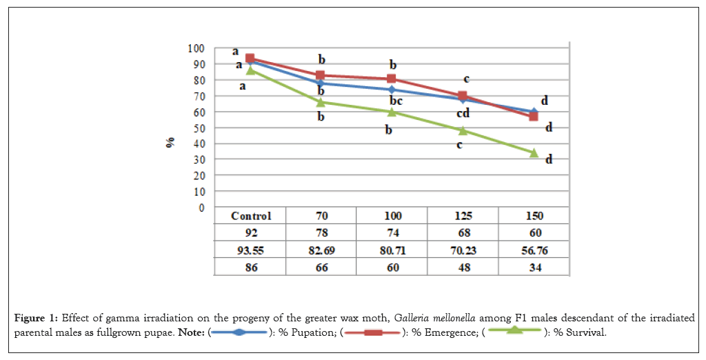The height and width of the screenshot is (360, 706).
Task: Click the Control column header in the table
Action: pyautogui.click(x=251, y=216)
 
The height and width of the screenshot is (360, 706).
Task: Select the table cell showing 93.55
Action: pyautogui.click(x=251, y=250)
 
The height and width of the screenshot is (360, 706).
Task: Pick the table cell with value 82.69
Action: pyautogui.click(x=322, y=250)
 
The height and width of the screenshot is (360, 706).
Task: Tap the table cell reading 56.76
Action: pyautogui.click(x=534, y=250)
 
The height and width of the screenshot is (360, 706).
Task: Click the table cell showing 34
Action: pyautogui.click(x=534, y=268)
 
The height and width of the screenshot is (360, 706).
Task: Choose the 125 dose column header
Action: pyautogui.click(x=463, y=216)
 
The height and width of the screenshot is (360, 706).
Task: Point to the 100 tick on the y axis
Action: pyautogui.click(x=196, y=48)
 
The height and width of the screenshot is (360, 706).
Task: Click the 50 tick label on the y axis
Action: pyautogui.click(x=199, y=128)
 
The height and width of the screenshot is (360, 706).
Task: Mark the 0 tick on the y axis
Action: pyautogui.click(x=201, y=207)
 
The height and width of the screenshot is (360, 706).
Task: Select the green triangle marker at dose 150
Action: pyautogui.click(x=534, y=152)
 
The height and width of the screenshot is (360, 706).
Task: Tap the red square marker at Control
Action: pyautogui.click(x=250, y=59)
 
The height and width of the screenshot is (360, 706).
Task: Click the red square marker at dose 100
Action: pyautogui.click(x=392, y=79)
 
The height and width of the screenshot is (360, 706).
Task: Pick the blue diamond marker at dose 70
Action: pyautogui.click(x=321, y=83)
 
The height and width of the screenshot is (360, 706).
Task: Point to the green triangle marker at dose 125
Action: pyautogui.click(x=463, y=130)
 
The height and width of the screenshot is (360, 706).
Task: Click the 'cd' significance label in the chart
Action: pyautogui.click(x=463, y=113)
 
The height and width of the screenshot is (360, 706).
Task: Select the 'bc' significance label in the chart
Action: pyautogui.click(x=395, y=101)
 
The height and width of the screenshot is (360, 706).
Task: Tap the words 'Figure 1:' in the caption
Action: pyautogui.click(x=35, y=318)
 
